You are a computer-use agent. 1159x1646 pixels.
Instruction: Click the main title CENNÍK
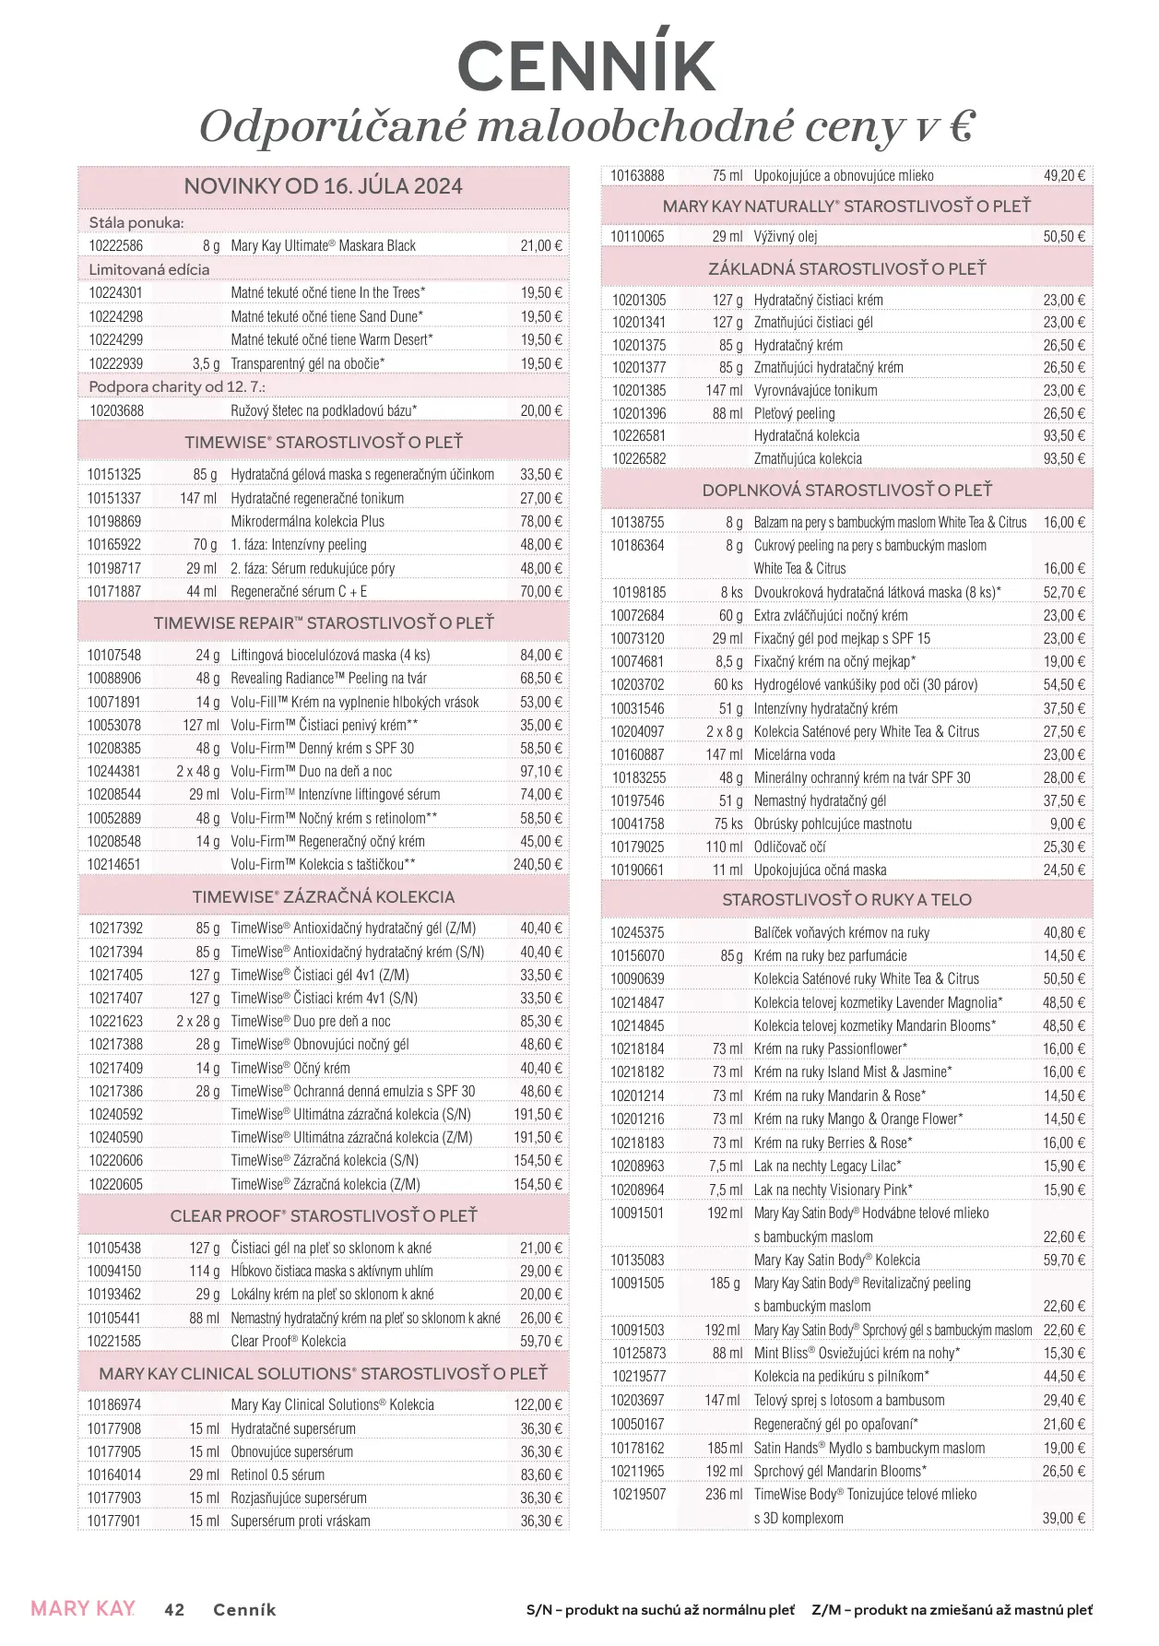pyautogui.click(x=586, y=65)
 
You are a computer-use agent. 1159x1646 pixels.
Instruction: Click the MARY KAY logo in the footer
pyautogui.click(x=83, y=1609)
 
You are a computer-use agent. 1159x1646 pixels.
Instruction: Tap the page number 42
pyautogui.click(x=174, y=1610)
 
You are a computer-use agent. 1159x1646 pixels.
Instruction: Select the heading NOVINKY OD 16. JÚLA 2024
pyautogui.click(x=323, y=186)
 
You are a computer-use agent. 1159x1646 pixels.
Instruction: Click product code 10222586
pyautogui.click(x=116, y=246)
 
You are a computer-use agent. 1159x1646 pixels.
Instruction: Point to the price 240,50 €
pyautogui.click(x=538, y=865)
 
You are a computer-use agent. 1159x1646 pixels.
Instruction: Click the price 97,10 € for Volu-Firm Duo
pyautogui.click(x=540, y=772)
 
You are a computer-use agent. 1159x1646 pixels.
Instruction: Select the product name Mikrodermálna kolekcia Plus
pyautogui.click(x=308, y=522)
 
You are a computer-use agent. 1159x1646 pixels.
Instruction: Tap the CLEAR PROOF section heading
pyautogui.click(x=323, y=1216)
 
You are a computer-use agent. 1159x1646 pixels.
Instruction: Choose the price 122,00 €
pyautogui.click(x=538, y=1405)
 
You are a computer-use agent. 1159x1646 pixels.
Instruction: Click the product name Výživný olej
pyautogui.click(x=786, y=237)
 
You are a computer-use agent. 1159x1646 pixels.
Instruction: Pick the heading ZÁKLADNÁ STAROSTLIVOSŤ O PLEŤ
pyautogui.click(x=846, y=269)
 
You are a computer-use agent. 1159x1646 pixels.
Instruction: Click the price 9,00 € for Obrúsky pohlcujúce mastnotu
pyautogui.click(x=1068, y=824)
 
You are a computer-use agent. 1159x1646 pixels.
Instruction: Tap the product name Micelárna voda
pyautogui.click(x=794, y=755)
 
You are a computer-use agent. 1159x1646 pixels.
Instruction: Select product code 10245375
pyautogui.click(x=637, y=933)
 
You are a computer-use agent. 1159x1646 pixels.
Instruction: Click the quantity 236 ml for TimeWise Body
pyautogui.click(x=724, y=1495)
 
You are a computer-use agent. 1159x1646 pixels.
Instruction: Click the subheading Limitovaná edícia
pyautogui.click(x=149, y=270)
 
